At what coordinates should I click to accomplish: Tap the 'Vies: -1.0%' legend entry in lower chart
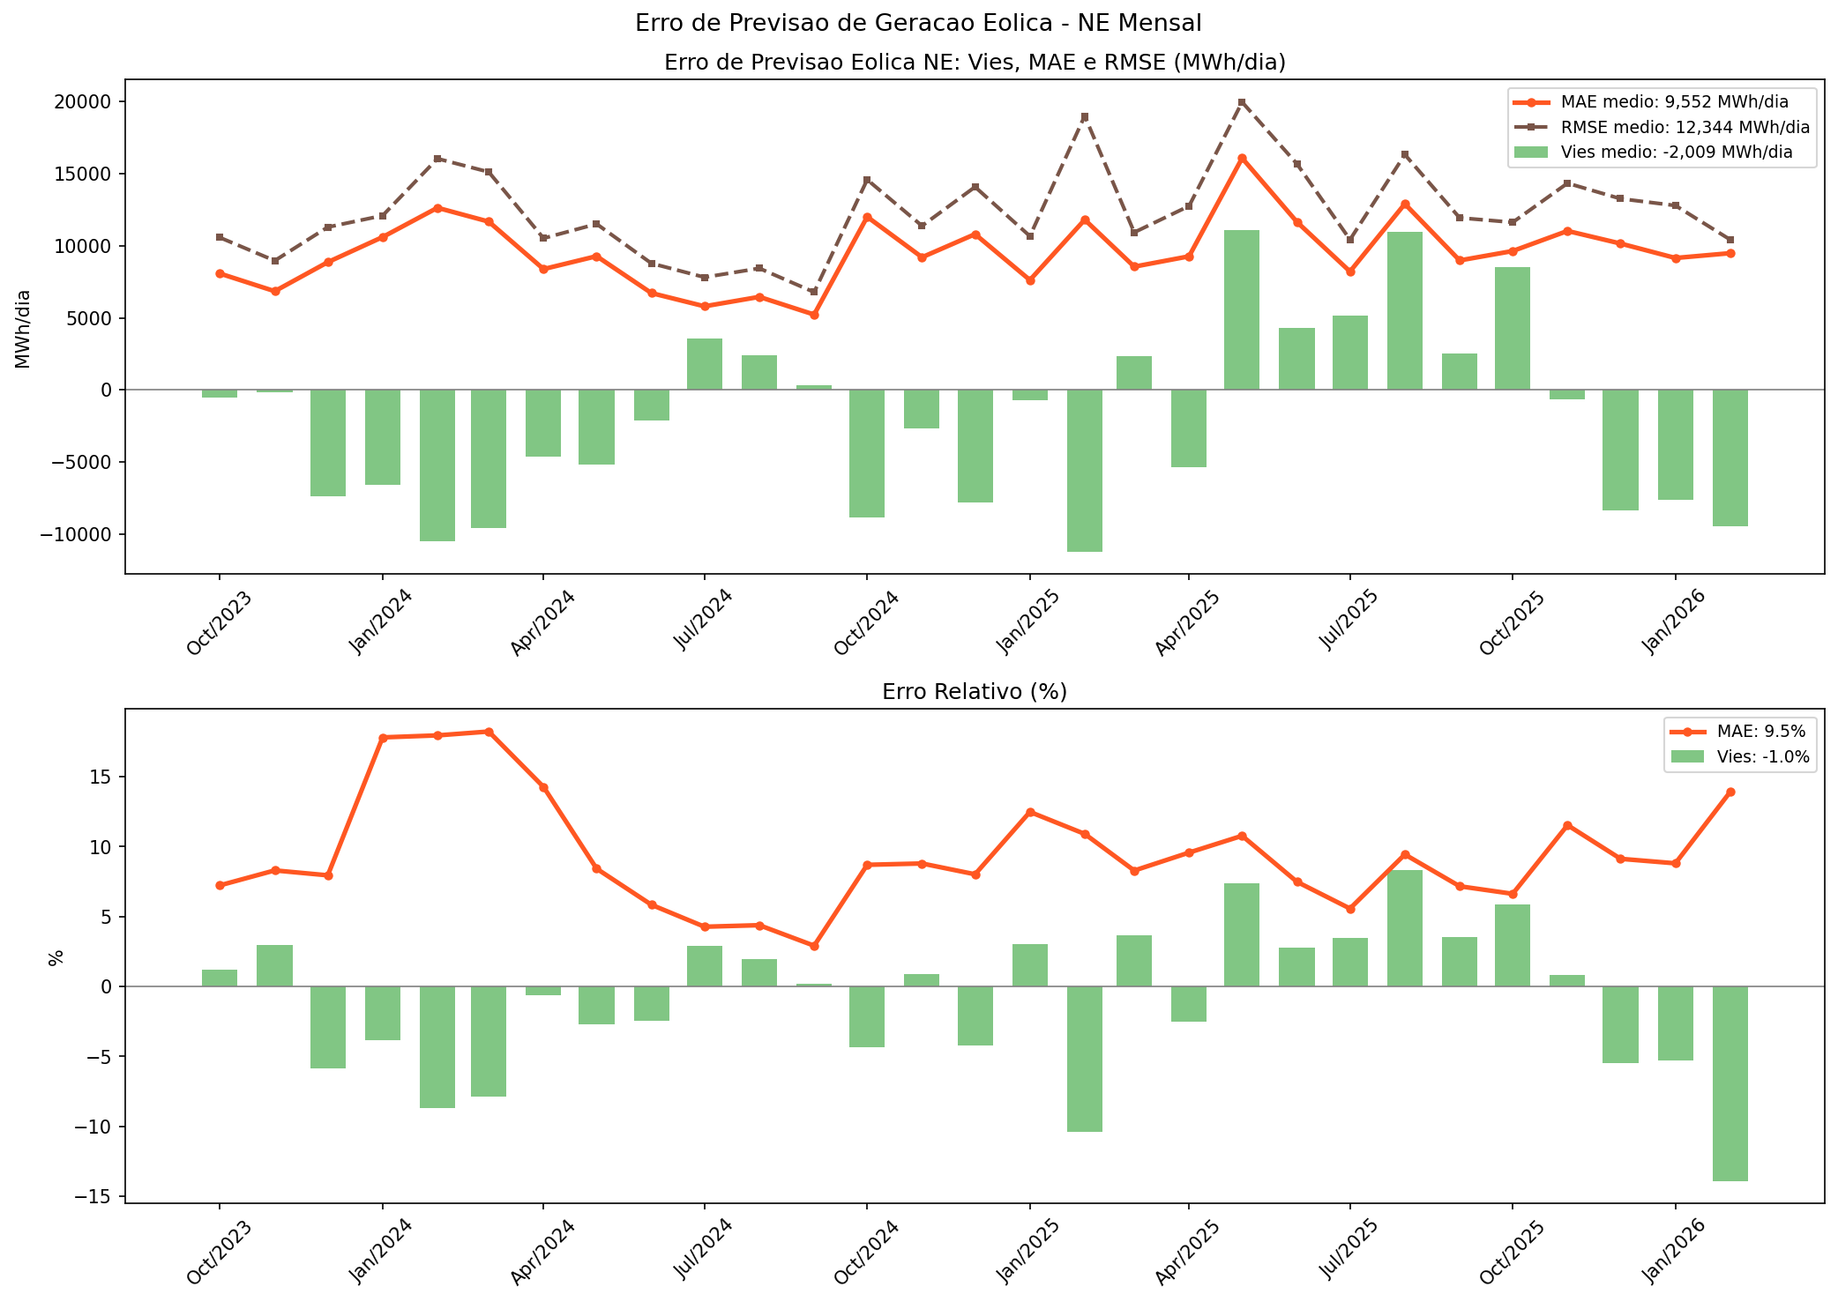point(1751,756)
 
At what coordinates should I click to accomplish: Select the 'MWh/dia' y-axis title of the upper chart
point(23,328)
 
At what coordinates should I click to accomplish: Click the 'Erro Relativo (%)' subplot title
point(975,692)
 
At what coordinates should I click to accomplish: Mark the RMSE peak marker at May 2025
point(1242,102)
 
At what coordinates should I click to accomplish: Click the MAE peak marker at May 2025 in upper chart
point(1242,159)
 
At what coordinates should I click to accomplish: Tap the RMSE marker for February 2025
point(1085,116)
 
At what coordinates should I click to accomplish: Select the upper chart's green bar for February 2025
point(1085,471)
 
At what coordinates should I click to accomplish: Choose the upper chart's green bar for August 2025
point(1405,310)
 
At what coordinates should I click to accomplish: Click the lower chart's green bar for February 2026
point(1730,1083)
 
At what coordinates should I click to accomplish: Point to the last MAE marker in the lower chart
point(1730,792)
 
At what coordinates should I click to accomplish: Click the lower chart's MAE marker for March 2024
point(489,732)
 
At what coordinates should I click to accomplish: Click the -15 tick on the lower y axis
point(99,1196)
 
